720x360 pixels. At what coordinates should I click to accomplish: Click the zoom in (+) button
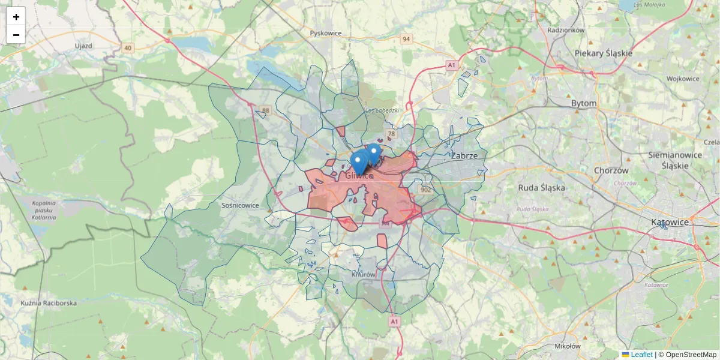click(x=16, y=17)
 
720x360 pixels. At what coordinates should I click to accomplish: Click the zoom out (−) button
click(x=16, y=35)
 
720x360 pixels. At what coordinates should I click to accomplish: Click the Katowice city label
click(x=670, y=222)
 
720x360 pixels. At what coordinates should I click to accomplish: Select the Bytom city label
click(x=584, y=103)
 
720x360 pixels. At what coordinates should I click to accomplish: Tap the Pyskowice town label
click(x=326, y=33)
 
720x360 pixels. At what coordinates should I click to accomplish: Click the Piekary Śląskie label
click(x=604, y=53)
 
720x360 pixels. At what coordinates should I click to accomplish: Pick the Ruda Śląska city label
click(x=542, y=187)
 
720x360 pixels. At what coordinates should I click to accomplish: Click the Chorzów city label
click(x=611, y=170)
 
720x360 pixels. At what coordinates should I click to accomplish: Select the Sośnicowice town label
click(x=240, y=205)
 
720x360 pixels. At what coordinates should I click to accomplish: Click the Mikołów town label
click(x=568, y=346)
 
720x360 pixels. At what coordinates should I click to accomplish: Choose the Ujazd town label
click(x=83, y=46)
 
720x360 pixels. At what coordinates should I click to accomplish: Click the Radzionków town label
click(x=566, y=29)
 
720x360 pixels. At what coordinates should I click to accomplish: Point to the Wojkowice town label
click(x=683, y=79)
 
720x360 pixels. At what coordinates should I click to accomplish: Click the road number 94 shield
click(x=407, y=39)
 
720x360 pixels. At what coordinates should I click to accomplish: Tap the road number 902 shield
click(x=426, y=190)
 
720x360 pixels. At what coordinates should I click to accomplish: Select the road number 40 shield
click(x=127, y=47)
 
